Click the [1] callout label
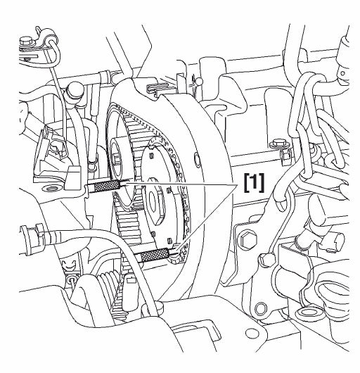(254, 183)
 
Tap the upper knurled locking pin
(107, 185)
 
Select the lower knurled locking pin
(155, 255)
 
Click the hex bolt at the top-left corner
(25, 41)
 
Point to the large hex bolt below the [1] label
(248, 239)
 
